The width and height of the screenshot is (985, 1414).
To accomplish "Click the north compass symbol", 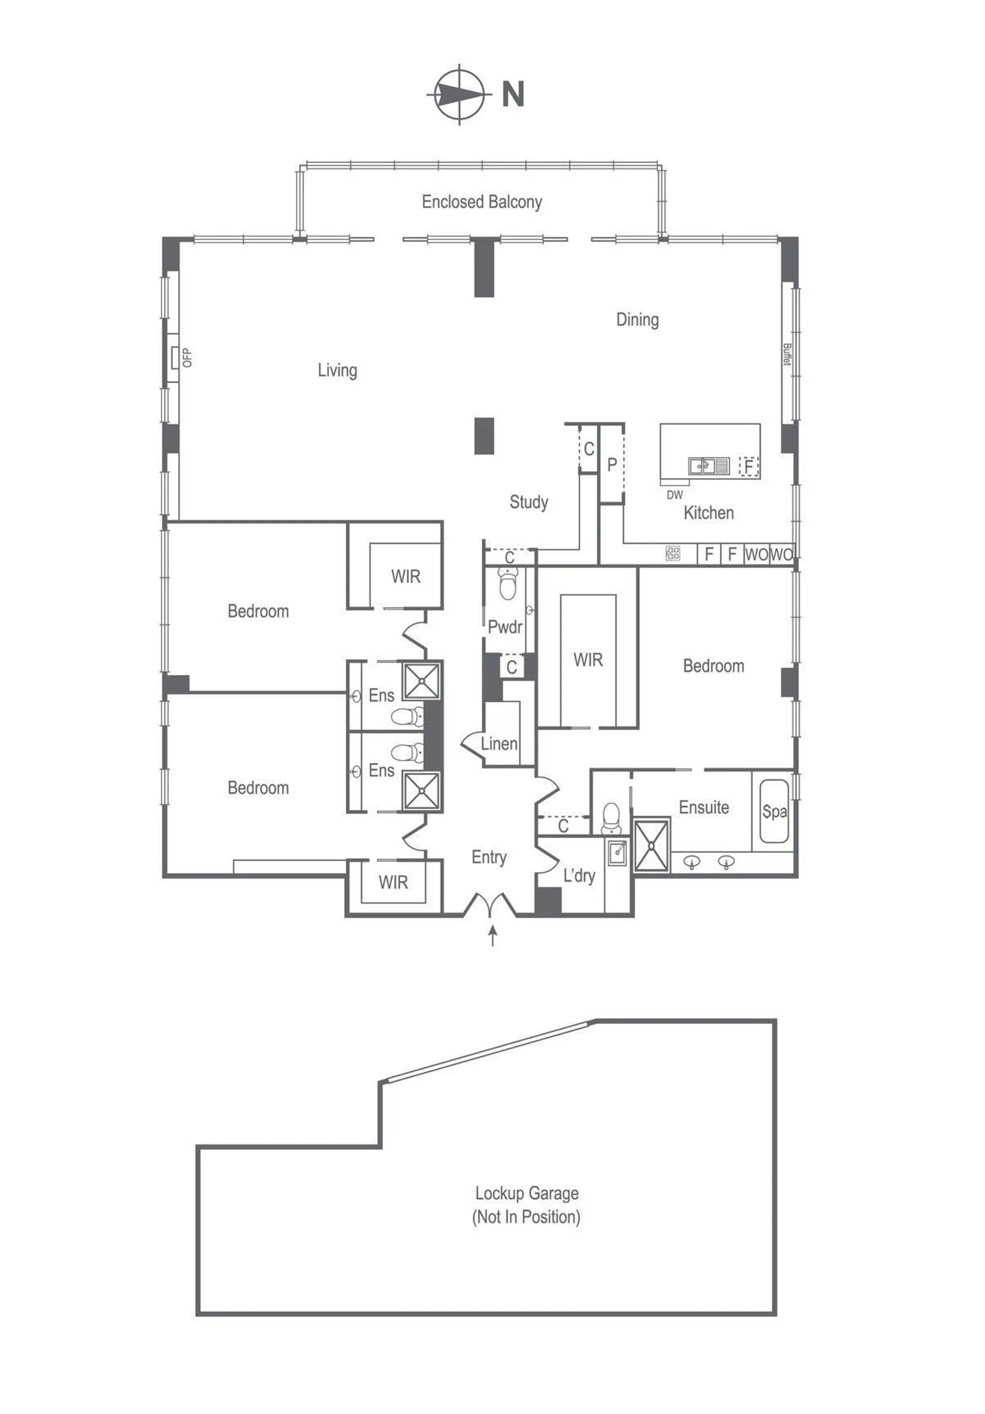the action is pos(459,94).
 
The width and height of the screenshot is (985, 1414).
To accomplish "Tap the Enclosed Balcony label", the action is pos(482,202).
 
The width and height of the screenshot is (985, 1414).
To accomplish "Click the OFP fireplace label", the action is pos(187,358).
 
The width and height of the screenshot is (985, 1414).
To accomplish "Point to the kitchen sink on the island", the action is pos(708,466).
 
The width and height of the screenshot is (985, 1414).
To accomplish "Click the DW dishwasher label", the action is pos(675,495).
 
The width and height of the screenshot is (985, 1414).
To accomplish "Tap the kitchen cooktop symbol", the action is pos(673,553).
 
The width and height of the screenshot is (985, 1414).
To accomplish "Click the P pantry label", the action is pos(612,465).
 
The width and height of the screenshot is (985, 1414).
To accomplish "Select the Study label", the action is pos(529,502).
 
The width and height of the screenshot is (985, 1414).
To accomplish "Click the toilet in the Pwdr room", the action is pos(508,583).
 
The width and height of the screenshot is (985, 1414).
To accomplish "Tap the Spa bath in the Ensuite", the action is pos(774,811).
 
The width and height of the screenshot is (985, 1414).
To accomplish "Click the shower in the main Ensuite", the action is pos(651,844).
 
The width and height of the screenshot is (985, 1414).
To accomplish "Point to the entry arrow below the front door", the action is pos(493,936).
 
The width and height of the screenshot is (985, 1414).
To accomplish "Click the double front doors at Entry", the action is pos(490,904).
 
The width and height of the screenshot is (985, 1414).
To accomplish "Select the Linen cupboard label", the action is pos(499,744).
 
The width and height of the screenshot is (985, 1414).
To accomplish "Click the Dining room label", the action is pos(638,320).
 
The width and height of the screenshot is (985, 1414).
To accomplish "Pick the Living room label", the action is pos(338,370).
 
